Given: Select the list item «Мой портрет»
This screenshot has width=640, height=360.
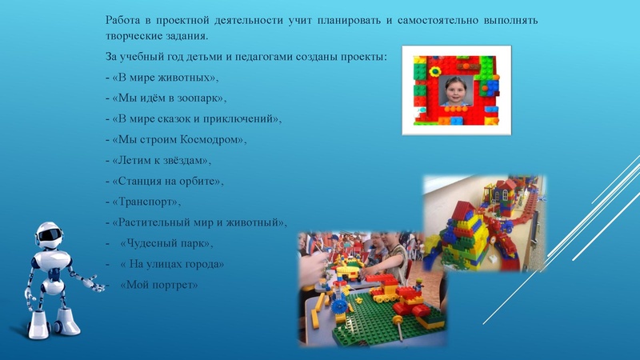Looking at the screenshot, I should coord(157,284).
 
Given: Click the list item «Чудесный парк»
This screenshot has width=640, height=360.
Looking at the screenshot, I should coord(166,242).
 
